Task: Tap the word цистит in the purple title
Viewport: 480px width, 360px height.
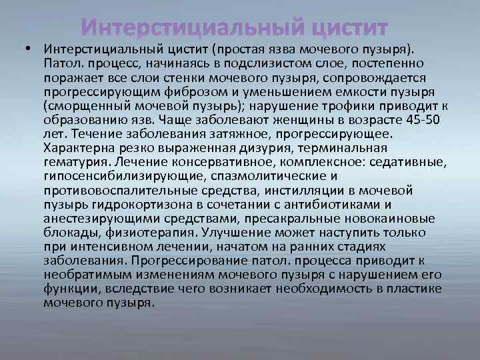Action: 345,29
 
